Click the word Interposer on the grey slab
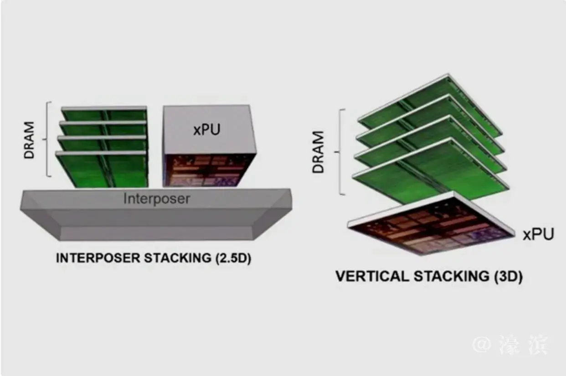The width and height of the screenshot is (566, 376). [x=156, y=199]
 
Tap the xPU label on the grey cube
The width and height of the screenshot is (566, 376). [x=206, y=129]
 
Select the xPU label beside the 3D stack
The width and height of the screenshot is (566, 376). [x=538, y=234]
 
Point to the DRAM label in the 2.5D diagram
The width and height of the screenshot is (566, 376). [x=30, y=139]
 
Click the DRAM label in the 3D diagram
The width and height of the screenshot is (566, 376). [x=319, y=152]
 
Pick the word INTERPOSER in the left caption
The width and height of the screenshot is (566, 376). [x=97, y=258]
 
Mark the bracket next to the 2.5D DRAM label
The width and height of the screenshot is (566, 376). [x=47, y=139]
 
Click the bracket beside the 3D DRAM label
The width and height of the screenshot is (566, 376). [x=340, y=152]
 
